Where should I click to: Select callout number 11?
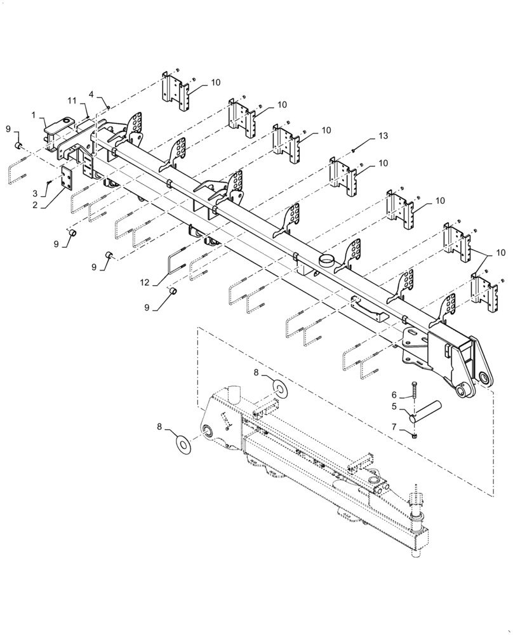72,101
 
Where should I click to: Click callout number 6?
394,394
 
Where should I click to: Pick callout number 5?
394,406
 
